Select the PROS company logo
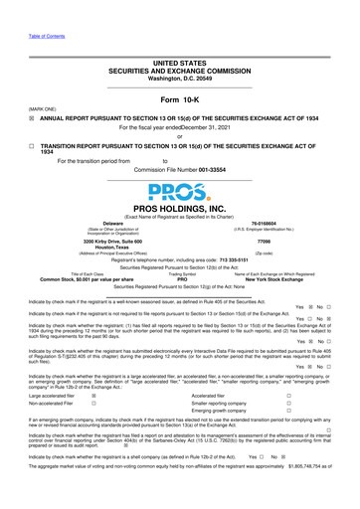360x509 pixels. point(180,205)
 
